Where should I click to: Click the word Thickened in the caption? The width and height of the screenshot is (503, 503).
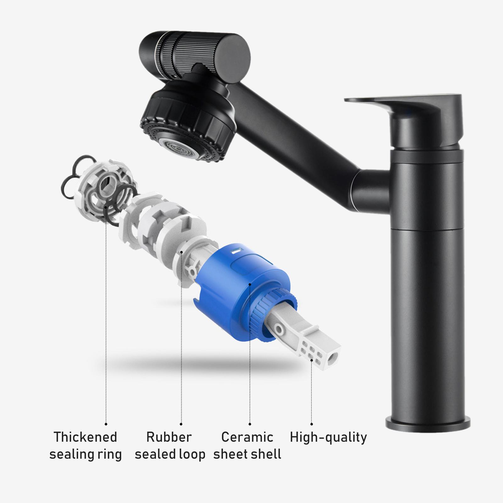coord(85,437)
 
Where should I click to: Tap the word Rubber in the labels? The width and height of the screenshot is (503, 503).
coord(169,437)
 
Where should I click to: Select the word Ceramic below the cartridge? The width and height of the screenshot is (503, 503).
coord(247,437)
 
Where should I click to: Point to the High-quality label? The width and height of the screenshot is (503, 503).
coord(328,437)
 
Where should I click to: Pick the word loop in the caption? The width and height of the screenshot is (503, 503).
coord(192,454)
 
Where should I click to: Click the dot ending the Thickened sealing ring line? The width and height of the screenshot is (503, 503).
coord(106,424)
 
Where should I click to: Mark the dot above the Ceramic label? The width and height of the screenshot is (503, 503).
coord(250,424)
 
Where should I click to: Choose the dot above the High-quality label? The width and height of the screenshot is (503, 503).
coord(312,424)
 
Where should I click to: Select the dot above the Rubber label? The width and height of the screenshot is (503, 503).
coord(181,424)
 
